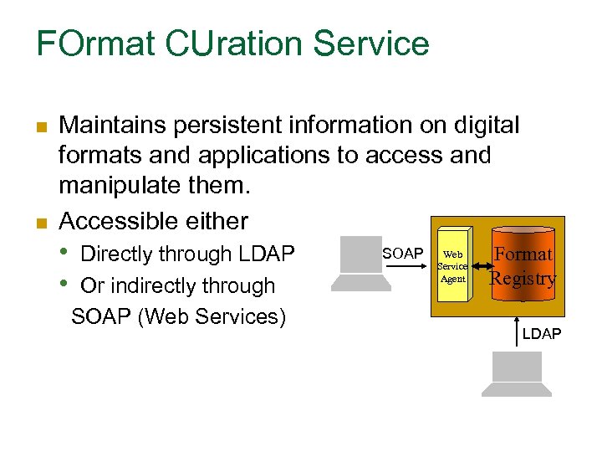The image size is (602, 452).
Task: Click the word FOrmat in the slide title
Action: (87, 44)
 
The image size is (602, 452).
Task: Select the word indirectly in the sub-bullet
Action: (155, 285)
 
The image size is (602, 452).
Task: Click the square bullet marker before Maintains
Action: (40, 127)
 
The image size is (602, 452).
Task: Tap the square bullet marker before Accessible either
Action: (40, 223)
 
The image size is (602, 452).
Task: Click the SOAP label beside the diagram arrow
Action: (402, 253)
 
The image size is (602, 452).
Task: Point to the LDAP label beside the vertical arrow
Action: (542, 334)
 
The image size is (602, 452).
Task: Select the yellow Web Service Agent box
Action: (452, 266)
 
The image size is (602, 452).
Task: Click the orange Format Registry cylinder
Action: (523, 266)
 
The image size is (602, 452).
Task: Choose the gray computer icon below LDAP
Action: (516, 373)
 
